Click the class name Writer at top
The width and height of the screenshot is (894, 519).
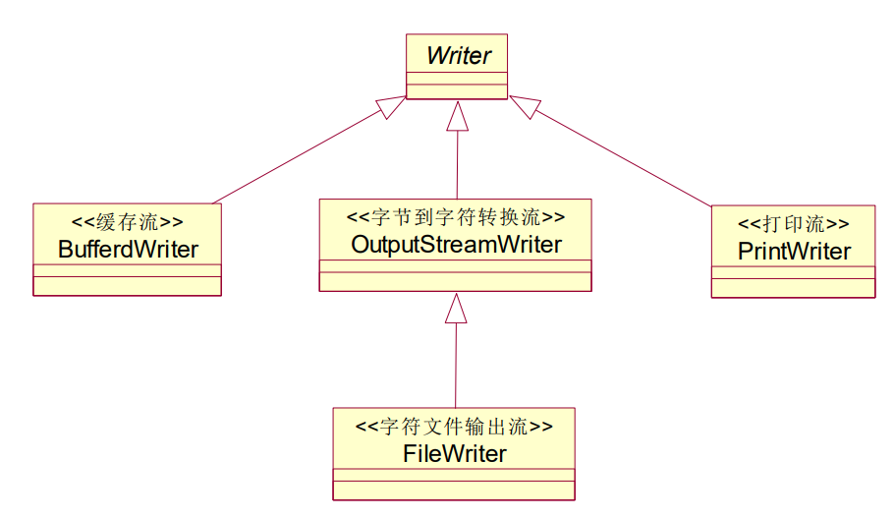[458, 56]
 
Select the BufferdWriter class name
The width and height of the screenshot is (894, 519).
[128, 249]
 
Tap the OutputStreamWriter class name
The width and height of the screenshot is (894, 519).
[456, 244]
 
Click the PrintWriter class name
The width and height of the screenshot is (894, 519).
[794, 251]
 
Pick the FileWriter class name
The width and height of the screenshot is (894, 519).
[455, 453]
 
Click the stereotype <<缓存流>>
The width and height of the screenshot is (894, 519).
[128, 222]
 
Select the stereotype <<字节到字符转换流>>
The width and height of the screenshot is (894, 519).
[456, 216]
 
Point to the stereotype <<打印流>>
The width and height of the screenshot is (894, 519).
[794, 223]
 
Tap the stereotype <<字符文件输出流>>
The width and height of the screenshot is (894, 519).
[454, 427]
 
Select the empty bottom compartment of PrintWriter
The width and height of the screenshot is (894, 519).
[794, 288]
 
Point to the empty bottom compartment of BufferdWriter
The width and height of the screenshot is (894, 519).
[128, 286]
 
